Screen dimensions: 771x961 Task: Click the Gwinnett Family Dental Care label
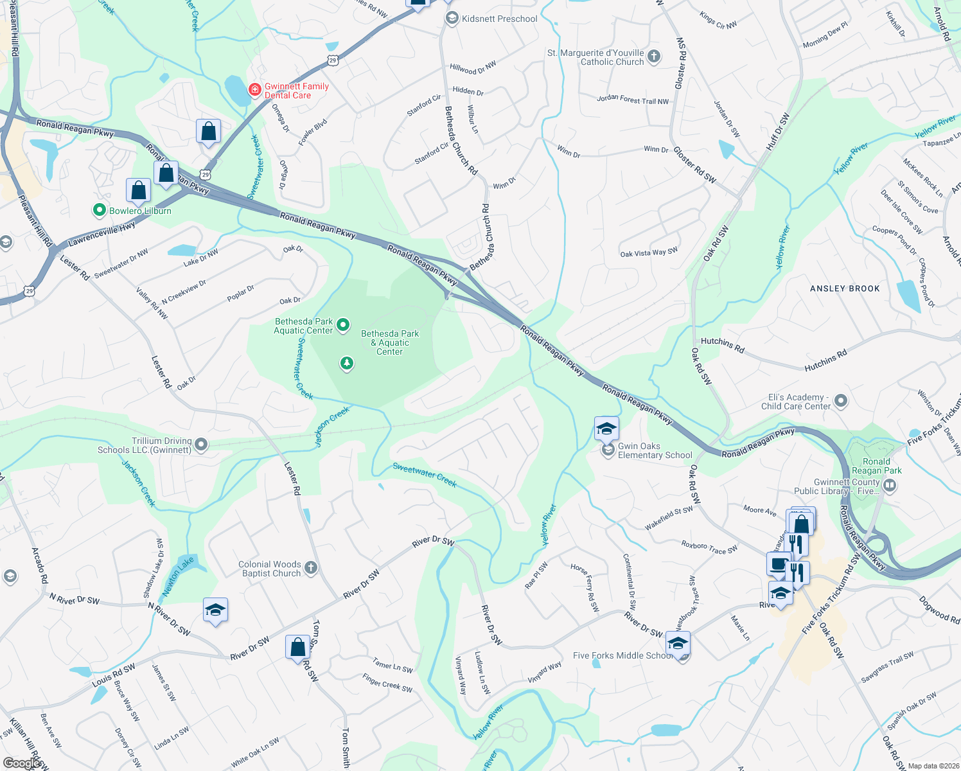pos(296,91)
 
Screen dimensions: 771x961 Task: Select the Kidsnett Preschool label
pos(499,19)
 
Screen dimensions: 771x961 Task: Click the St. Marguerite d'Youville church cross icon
pos(654,57)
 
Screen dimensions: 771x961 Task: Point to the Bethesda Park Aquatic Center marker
pos(343,325)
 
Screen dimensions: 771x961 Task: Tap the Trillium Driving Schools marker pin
pos(201,445)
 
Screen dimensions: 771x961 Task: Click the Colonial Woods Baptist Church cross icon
pos(311,567)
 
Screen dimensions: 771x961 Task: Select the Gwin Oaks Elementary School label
pos(655,450)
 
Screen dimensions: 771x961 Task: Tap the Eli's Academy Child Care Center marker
pos(841,402)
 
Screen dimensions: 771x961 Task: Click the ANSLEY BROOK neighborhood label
pos(845,288)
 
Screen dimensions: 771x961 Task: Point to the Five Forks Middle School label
pos(622,655)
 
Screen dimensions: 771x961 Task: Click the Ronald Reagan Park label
pos(876,466)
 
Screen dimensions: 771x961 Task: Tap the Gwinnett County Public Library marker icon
pos(890,486)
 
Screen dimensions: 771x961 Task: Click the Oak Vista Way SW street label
pos(649,253)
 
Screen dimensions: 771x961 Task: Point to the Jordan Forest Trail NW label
pos(633,100)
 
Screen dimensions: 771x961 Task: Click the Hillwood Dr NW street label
pos(473,68)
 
